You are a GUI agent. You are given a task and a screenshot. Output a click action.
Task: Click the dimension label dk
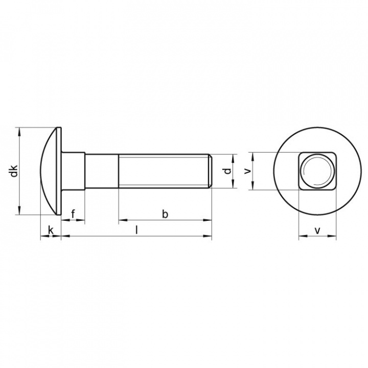tap(14, 171)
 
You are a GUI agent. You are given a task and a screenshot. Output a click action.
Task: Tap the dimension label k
tap(51, 230)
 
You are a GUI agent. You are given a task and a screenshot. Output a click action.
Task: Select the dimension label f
tap(73, 214)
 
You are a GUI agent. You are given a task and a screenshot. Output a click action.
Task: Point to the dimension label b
tap(165, 214)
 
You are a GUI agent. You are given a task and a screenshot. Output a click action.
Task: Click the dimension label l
tap(136, 230)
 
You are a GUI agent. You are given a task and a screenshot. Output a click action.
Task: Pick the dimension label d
tap(227, 171)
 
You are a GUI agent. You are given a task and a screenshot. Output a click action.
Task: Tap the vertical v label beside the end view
tap(247, 171)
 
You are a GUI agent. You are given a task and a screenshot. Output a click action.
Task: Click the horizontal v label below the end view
tap(317, 231)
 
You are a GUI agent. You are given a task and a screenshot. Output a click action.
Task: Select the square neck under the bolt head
tap(73, 171)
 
